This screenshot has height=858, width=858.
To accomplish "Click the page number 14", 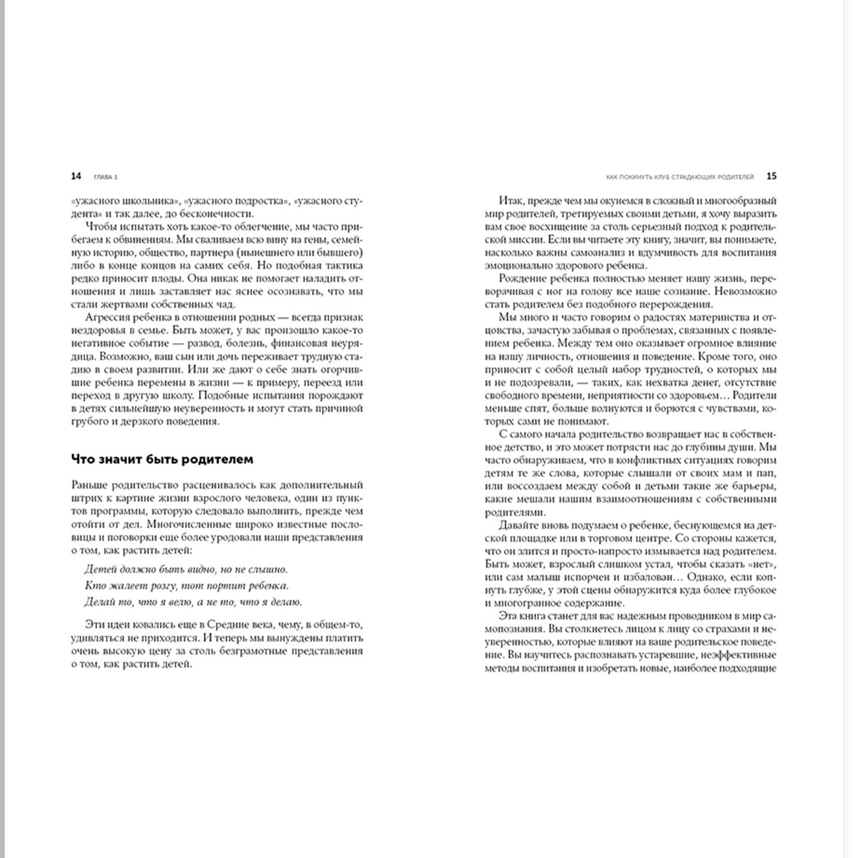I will pyautogui.click(x=76, y=176).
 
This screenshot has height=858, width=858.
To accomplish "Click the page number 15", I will pyautogui.click(x=771, y=176).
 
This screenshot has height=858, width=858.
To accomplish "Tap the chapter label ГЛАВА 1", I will pyautogui.click(x=106, y=177).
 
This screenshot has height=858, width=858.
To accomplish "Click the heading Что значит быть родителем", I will pyautogui.click(x=162, y=459).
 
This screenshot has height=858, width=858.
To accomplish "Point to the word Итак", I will pyautogui.click(x=511, y=201).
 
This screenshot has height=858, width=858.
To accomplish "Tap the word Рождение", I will pyautogui.click(x=522, y=279).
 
